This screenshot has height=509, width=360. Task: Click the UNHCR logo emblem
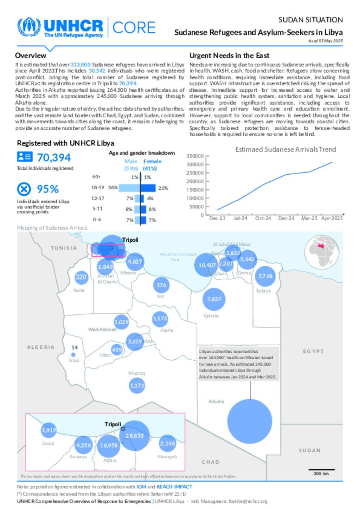[x=29, y=27]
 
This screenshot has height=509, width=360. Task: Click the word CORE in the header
[x=134, y=28]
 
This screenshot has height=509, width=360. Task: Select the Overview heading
[x=31, y=56]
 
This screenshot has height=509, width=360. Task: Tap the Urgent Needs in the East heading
[x=229, y=56]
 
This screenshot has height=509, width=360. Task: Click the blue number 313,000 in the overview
[x=81, y=65]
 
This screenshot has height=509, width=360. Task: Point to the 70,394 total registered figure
[x=54, y=158]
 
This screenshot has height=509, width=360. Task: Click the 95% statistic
[x=48, y=189]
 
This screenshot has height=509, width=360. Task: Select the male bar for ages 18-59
[x=129, y=188]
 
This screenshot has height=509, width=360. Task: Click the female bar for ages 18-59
[x=148, y=188]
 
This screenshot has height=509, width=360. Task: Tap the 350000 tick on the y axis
[x=195, y=156]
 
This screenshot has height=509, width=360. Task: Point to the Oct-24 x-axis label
[x=263, y=218]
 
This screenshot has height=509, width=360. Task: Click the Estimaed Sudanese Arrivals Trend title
[x=285, y=149]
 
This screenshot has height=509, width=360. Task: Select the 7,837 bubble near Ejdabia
[x=214, y=299]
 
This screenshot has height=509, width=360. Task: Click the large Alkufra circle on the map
[x=250, y=421]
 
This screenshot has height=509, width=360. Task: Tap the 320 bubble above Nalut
[x=81, y=277]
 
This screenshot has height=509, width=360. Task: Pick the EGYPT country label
[x=313, y=351]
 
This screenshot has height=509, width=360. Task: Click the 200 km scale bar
[x=321, y=470]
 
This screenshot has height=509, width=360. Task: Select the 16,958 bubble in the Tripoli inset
[x=109, y=445]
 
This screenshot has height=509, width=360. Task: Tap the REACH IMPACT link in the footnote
[x=174, y=487]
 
